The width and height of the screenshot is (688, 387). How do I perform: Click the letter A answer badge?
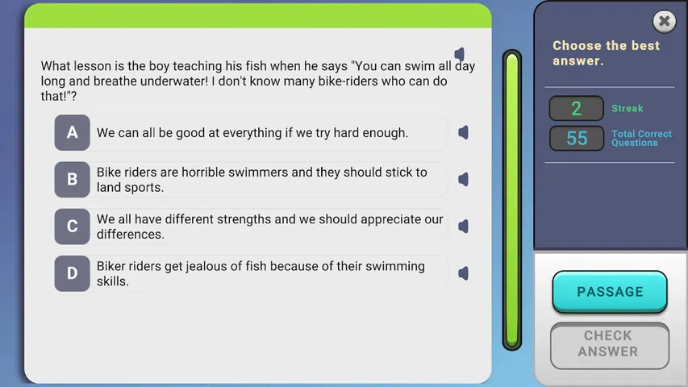click(x=72, y=132)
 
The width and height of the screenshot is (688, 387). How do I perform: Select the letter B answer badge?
click(x=72, y=180)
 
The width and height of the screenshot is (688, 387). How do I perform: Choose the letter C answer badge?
click(x=72, y=227)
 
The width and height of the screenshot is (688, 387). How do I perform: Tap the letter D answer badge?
click(x=72, y=273)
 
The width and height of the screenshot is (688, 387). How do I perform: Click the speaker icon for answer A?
click(x=463, y=132)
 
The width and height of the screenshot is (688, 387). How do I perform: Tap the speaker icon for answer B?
click(x=463, y=180)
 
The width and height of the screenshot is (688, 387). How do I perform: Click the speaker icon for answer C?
click(x=463, y=227)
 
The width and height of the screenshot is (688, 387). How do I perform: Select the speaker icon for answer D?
click(x=463, y=273)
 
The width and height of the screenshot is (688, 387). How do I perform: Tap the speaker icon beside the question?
click(x=460, y=54)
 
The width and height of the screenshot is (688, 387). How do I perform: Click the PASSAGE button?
click(x=610, y=292)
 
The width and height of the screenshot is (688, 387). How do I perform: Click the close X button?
click(x=665, y=21)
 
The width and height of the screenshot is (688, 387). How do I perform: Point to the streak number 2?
click(x=576, y=108)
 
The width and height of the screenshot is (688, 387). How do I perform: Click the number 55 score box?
click(x=577, y=138)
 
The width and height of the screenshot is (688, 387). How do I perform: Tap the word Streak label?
click(x=628, y=108)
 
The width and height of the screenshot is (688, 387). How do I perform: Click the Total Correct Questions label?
click(x=641, y=138)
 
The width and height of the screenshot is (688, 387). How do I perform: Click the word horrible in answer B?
click(x=203, y=172)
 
